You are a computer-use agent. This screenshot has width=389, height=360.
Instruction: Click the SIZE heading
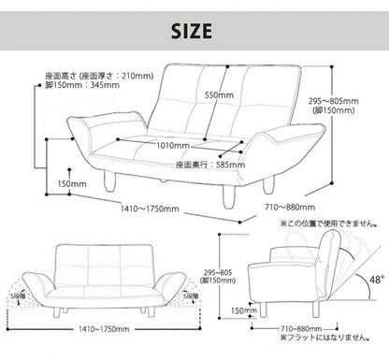click(194, 32)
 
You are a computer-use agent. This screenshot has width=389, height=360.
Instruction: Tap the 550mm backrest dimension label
click(219, 95)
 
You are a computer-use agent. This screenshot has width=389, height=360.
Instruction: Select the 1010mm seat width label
click(173, 146)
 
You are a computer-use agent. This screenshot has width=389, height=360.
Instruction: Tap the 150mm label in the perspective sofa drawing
click(72, 183)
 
